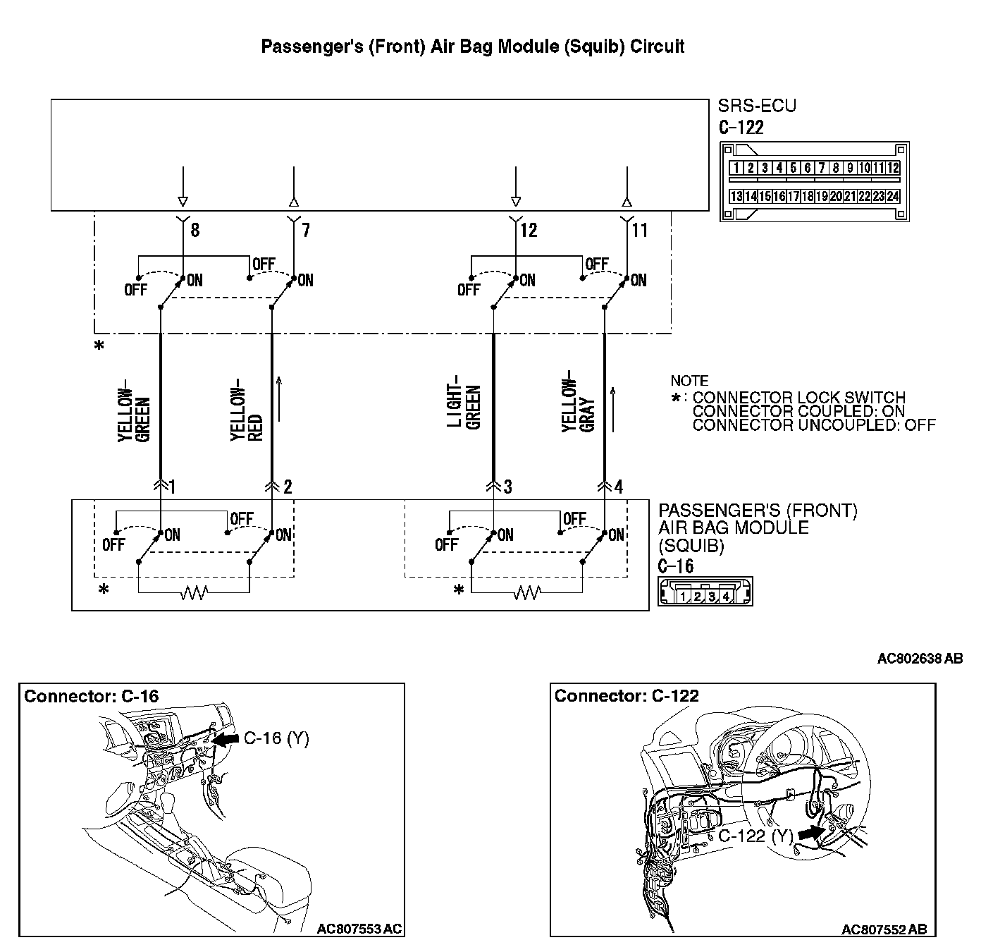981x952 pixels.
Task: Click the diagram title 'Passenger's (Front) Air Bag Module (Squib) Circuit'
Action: coord(472,47)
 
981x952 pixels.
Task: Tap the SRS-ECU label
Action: coord(756,106)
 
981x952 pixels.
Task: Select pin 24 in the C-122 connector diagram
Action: coord(893,197)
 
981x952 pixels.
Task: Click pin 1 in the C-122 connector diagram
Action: coord(736,168)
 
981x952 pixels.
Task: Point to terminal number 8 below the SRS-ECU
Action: coord(195,231)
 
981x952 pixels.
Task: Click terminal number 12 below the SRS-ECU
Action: coord(529,231)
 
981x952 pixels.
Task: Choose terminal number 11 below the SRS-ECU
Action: coord(639,231)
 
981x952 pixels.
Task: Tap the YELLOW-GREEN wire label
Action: coord(134,415)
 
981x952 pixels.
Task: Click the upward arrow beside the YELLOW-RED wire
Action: coord(280,399)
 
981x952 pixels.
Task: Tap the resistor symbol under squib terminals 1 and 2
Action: coord(194,593)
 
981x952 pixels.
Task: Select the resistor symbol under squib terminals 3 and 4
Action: coord(527,593)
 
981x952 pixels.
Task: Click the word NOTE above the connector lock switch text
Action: coord(689,381)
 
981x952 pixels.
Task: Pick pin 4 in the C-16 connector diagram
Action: coord(726,597)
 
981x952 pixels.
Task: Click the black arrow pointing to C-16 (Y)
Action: coord(226,739)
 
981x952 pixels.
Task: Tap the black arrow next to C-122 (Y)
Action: coord(812,833)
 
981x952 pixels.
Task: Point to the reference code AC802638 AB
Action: coord(919,659)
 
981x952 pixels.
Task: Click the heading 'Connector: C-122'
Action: coord(627,697)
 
